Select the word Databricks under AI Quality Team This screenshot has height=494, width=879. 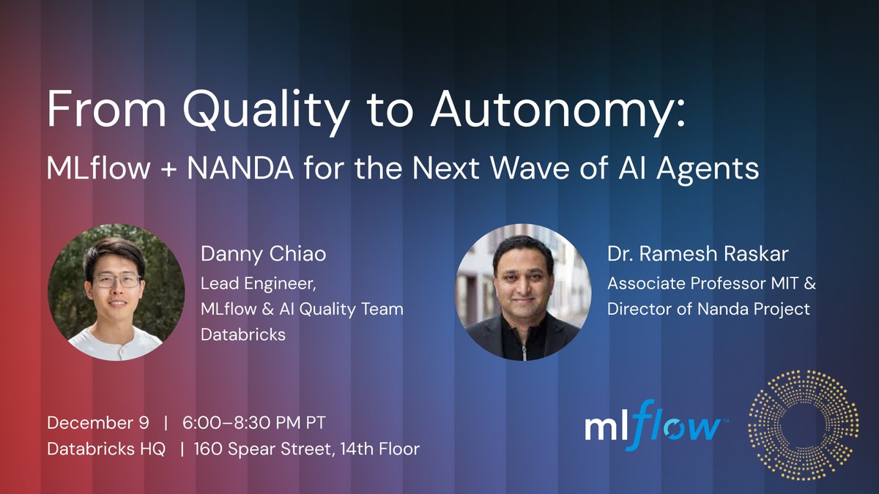click(243, 335)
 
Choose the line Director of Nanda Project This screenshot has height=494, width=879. click(708, 309)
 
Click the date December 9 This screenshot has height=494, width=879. click(98, 422)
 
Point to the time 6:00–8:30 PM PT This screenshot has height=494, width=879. click(254, 422)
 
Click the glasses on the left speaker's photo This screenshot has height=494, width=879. click(115, 280)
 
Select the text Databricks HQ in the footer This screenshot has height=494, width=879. click(106, 448)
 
